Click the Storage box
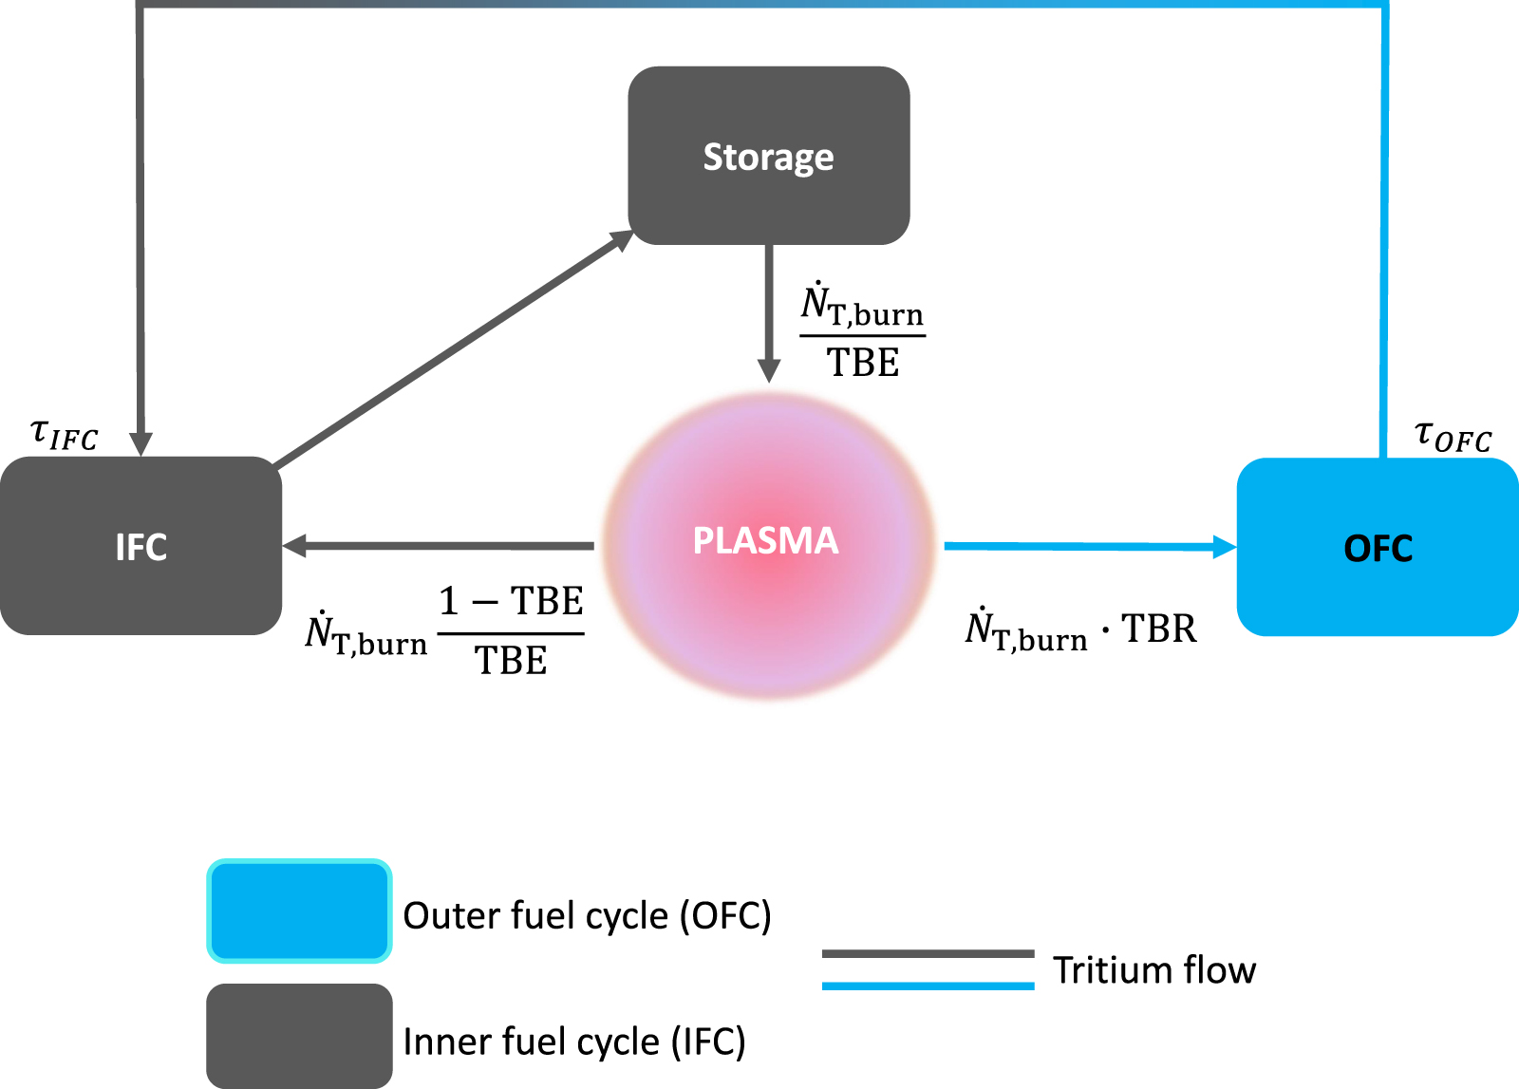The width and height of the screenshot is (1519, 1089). click(x=768, y=156)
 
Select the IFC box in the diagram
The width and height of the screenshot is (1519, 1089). click(x=141, y=546)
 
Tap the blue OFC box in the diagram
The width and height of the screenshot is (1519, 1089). click(x=1378, y=548)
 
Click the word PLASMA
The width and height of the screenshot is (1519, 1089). click(x=765, y=540)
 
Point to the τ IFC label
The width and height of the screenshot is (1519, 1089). click(x=64, y=434)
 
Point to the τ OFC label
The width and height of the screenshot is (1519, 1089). click(x=1453, y=436)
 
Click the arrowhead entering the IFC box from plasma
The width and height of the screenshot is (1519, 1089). click(x=295, y=545)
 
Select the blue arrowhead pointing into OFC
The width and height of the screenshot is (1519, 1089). click(x=1225, y=547)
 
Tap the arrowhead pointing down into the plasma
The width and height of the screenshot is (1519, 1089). click(x=769, y=371)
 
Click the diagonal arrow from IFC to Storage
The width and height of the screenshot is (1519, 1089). click(x=454, y=349)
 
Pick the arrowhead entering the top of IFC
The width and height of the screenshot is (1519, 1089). click(x=141, y=443)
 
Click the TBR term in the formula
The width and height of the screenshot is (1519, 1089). click(x=1158, y=629)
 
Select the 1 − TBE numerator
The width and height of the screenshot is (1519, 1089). click(x=511, y=601)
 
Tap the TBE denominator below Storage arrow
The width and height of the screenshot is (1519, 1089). click(x=862, y=363)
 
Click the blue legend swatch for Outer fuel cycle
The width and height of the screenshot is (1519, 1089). click(x=299, y=911)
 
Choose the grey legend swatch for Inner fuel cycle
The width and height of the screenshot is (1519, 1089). click(x=299, y=1036)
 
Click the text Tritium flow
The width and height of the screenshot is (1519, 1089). click(x=1153, y=970)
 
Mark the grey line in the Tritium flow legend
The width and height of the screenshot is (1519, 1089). click(x=928, y=953)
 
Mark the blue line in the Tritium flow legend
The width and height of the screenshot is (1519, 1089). click(x=928, y=986)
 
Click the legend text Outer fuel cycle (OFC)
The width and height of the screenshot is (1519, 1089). click(x=587, y=915)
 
